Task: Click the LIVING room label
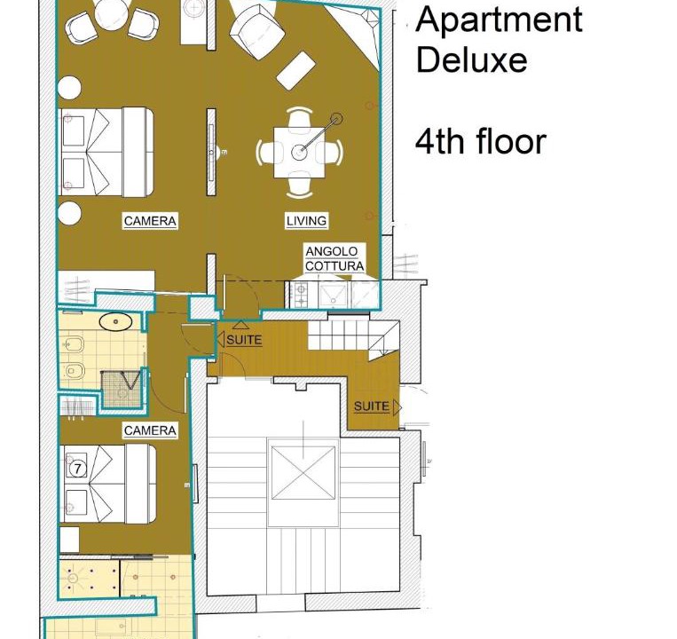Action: click(x=306, y=221)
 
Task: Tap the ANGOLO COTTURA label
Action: click(x=335, y=258)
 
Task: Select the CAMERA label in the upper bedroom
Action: click(x=150, y=221)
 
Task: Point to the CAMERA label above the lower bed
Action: click(x=150, y=430)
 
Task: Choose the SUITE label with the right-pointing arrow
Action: click(x=377, y=406)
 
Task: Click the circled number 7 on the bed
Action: click(x=77, y=469)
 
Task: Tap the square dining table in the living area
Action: click(x=299, y=152)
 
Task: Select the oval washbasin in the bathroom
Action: click(x=115, y=321)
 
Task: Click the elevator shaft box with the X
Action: click(x=303, y=473)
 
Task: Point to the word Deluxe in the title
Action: click(x=471, y=59)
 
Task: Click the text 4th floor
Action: click(x=481, y=142)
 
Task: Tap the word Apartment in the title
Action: click(x=499, y=20)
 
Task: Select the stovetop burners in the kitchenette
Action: click(x=301, y=294)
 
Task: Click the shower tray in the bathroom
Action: click(x=122, y=390)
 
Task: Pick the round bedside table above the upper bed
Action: click(x=69, y=88)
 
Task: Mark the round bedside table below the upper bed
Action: click(x=69, y=213)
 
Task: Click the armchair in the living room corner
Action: click(x=256, y=31)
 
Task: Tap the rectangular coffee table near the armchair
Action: click(x=295, y=71)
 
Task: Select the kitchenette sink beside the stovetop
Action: click(x=333, y=295)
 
